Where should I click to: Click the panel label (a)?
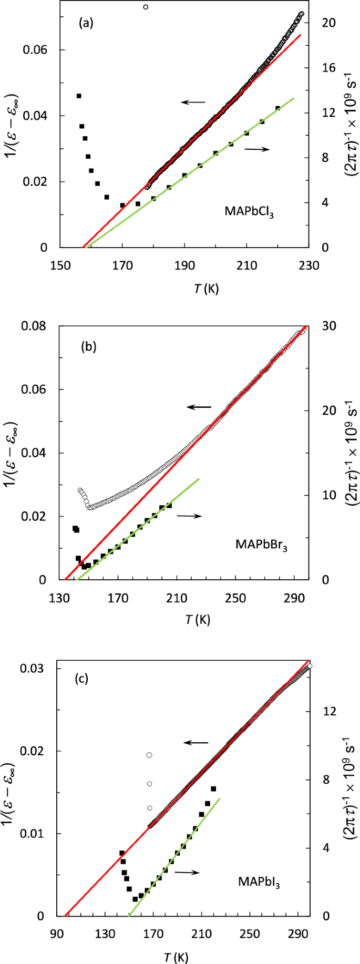pos(86,23)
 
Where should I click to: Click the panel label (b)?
pos(88,347)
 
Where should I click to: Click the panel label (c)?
pos(81,679)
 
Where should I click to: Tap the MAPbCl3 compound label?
pos(249,212)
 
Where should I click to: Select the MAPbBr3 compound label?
pos(261,544)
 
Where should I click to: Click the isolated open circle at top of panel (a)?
pos(146,7)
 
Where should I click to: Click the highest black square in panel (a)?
pos(79,96)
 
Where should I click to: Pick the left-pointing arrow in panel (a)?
pos(193,102)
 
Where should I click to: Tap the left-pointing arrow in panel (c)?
pos(196,743)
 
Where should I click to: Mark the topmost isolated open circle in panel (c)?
pos(149,755)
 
